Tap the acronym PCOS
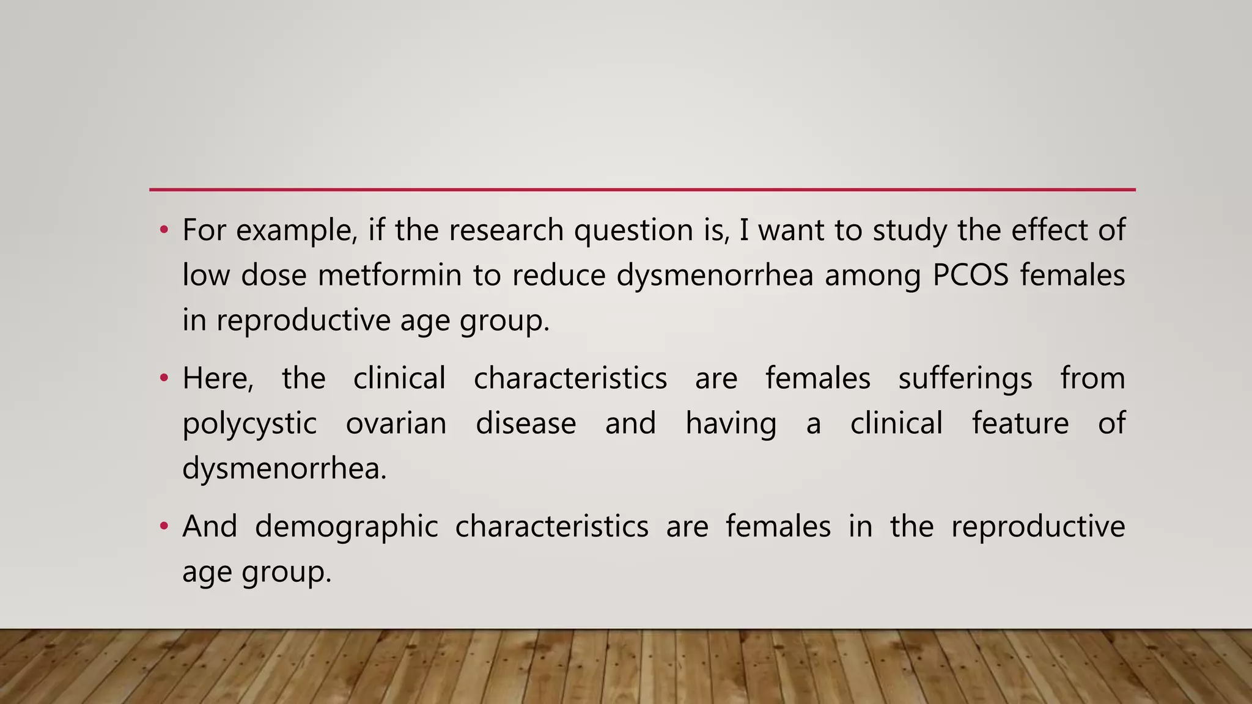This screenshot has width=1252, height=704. coord(971,275)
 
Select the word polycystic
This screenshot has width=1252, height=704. coord(249,425)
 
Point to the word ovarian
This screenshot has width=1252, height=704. coord(396,424)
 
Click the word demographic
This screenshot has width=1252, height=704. coord(346,527)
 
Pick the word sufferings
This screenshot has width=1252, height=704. coord(965,379)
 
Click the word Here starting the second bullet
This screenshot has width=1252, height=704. coord(218,378)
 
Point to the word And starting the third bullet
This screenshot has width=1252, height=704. coord(210,526)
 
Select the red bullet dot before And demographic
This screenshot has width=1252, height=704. coord(163,526)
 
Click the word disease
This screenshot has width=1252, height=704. coord(526,424)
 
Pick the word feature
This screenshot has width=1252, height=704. coord(1020,424)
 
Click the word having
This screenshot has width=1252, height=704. coord(731,425)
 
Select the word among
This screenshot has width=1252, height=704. coord(872,276)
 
